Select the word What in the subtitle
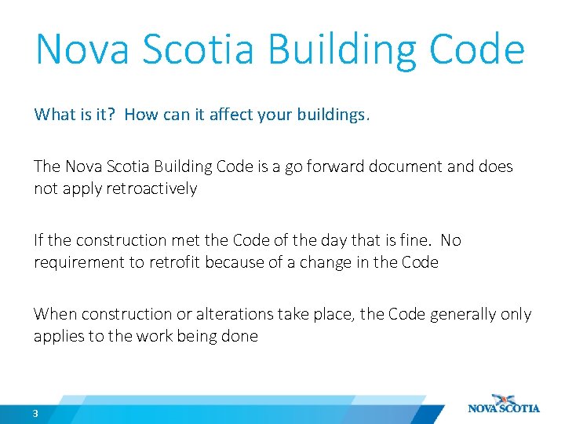click(53, 115)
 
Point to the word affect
click(222, 115)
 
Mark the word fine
click(395, 240)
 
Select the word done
click(241, 336)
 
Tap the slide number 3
click(36, 413)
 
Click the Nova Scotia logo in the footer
click(503, 404)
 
